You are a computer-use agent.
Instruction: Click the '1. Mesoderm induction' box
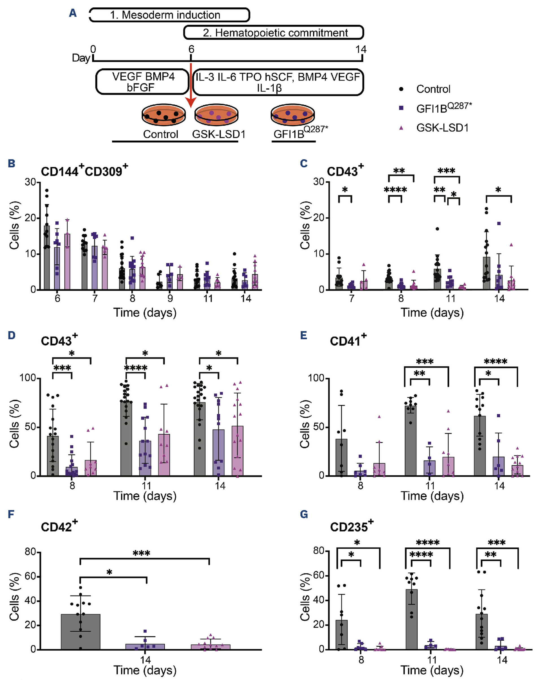click(x=169, y=15)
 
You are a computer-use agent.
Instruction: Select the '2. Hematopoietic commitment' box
click(x=273, y=33)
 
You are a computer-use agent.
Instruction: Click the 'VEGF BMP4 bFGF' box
click(x=142, y=82)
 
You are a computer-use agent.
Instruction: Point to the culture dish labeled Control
click(x=163, y=115)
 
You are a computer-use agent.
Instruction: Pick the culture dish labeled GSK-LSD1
click(x=216, y=115)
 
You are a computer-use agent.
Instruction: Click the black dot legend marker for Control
click(x=401, y=89)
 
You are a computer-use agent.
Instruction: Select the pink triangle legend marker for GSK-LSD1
click(x=401, y=128)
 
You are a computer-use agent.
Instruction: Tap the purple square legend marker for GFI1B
click(x=401, y=108)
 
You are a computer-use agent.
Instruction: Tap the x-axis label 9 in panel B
click(x=170, y=298)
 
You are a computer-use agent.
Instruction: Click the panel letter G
click(x=304, y=514)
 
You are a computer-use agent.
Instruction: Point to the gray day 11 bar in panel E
click(x=411, y=440)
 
